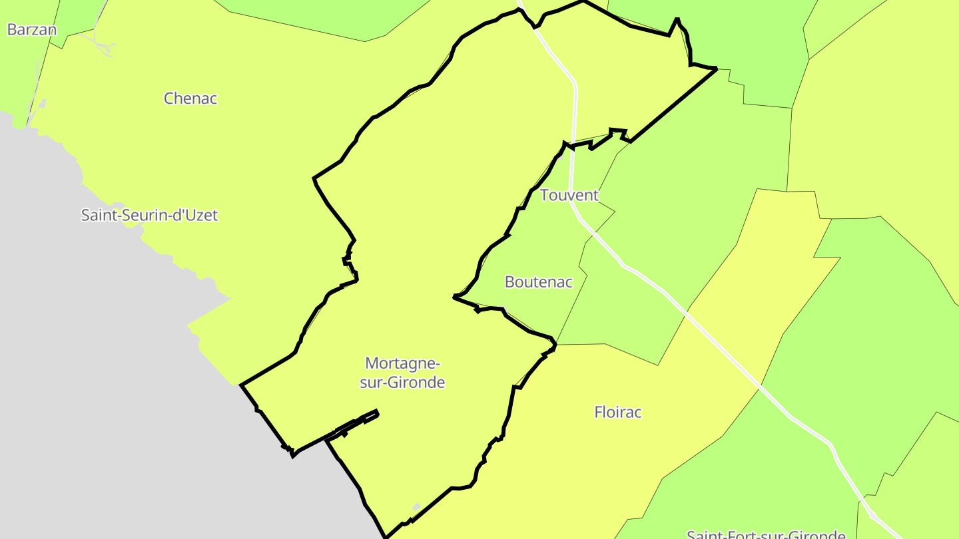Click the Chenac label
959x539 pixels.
(190, 98)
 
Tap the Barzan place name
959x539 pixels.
(31, 30)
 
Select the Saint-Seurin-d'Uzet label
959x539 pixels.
(149, 216)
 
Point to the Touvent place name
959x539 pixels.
(569, 196)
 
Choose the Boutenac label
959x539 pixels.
(538, 282)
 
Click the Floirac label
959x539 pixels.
(617, 413)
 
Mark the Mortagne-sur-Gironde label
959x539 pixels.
(402, 373)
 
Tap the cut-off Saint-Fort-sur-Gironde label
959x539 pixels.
(766, 534)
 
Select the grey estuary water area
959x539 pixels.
(100, 399)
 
